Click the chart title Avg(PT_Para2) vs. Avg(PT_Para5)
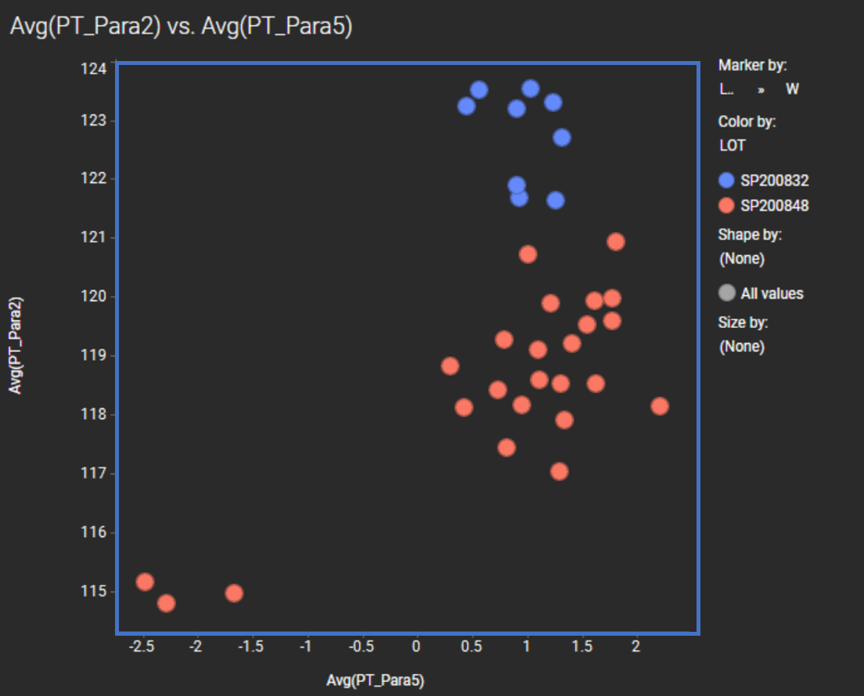(x=181, y=27)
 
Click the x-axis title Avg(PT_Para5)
(x=376, y=680)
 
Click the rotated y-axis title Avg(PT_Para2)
(x=16, y=344)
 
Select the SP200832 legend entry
(x=774, y=180)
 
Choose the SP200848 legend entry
(x=774, y=206)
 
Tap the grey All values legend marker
(x=727, y=294)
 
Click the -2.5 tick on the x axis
(x=142, y=647)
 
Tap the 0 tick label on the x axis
(x=416, y=647)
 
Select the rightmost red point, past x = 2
(x=660, y=406)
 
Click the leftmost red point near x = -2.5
(x=145, y=582)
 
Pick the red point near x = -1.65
(x=234, y=593)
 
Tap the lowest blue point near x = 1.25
(x=556, y=200)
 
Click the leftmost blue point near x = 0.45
(x=466, y=106)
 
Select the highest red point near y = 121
(x=616, y=242)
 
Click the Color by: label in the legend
(x=747, y=122)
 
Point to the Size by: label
(x=743, y=322)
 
